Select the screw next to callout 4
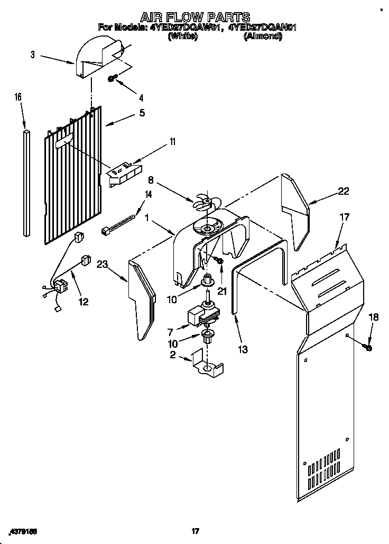(113, 78)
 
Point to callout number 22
(343, 192)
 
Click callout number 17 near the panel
(344, 216)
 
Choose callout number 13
(243, 349)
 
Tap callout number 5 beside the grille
(142, 113)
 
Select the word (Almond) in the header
(262, 37)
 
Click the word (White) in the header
(182, 37)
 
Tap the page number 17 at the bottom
(195, 530)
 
